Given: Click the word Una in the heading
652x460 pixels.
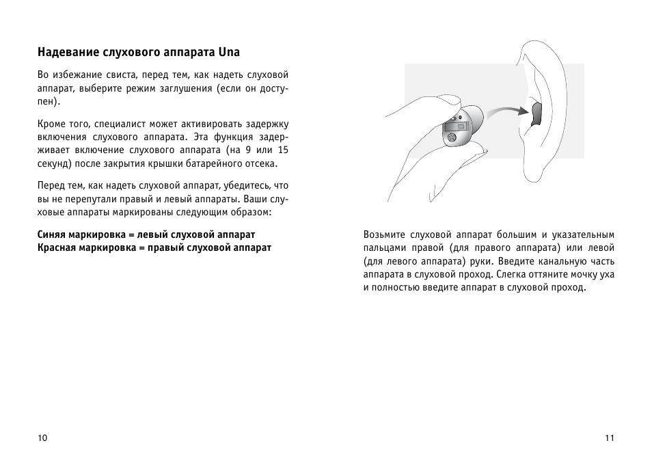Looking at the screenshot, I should (230, 52).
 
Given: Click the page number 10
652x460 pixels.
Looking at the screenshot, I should (43, 438).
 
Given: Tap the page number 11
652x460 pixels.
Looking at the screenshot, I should (610, 438).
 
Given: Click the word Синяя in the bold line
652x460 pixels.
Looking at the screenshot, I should (51, 234).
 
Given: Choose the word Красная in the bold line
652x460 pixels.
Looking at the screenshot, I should (57, 247).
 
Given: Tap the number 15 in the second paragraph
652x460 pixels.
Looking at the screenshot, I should (282, 150).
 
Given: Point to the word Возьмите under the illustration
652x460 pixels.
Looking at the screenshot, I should (388, 234).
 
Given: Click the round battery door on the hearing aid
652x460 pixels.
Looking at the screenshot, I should (452, 138).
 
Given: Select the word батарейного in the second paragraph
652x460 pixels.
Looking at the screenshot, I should (216, 164).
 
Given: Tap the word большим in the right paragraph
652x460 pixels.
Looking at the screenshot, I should (515, 234).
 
